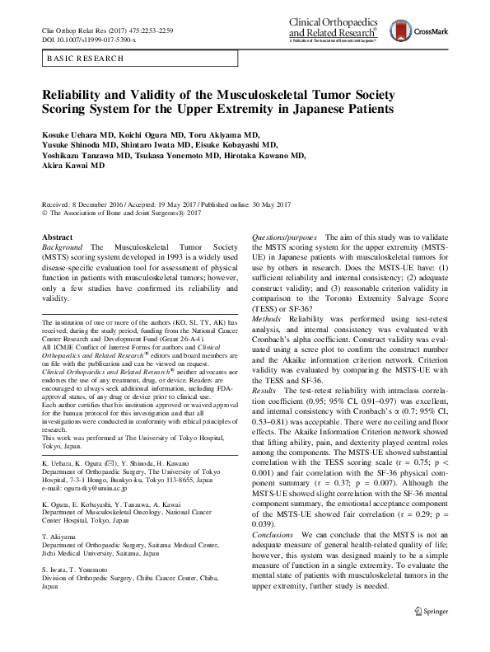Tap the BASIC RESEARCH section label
(x=82, y=59)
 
